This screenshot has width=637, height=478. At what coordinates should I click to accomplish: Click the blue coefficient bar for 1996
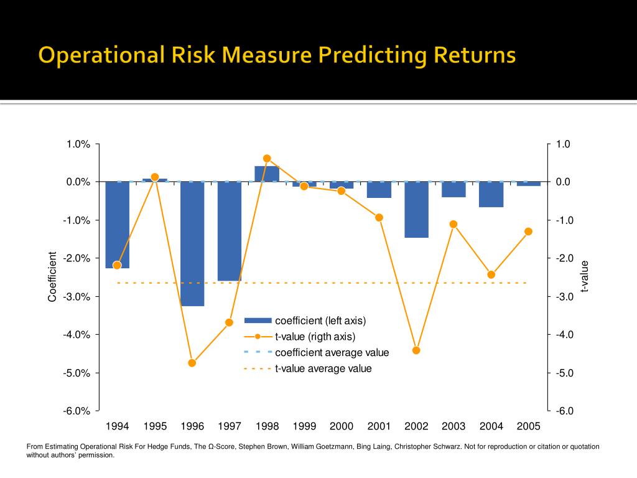[x=192, y=243]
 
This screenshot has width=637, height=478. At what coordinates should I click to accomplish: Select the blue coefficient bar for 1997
[x=230, y=231]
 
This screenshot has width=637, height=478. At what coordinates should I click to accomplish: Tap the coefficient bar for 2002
[x=416, y=210]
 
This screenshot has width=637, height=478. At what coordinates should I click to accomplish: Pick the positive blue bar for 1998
[x=267, y=174]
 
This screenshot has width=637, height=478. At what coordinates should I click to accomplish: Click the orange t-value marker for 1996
[x=192, y=363]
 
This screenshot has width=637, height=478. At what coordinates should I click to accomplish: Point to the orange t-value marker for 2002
[x=416, y=350]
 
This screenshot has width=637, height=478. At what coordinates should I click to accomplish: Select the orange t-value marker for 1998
[x=267, y=159]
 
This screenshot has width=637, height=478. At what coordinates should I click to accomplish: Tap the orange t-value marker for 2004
[x=491, y=274]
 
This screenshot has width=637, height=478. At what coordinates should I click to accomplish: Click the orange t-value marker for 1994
[x=117, y=265]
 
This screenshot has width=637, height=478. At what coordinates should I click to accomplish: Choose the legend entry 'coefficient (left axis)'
[x=320, y=321]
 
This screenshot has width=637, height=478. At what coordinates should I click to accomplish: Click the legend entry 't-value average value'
[x=323, y=368]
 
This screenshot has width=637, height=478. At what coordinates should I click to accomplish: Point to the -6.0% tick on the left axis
[x=78, y=411]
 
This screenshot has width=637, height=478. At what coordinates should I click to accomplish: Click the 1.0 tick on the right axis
[x=563, y=144]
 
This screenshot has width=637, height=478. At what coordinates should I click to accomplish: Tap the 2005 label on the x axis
[x=528, y=426]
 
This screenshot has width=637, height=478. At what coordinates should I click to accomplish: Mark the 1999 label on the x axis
[x=304, y=426]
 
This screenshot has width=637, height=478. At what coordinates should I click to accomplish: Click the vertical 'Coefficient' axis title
[x=53, y=277]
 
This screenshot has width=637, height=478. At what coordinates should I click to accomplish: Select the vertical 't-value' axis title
[x=584, y=277]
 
